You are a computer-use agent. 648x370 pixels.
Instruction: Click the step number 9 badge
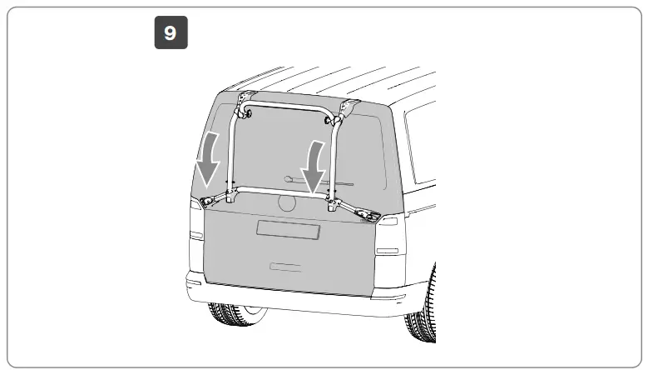[x=171, y=33]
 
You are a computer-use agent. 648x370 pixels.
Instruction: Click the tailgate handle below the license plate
[x=285, y=267]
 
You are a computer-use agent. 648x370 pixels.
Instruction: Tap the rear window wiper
[x=316, y=179]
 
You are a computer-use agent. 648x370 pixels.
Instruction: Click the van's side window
[x=420, y=146]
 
